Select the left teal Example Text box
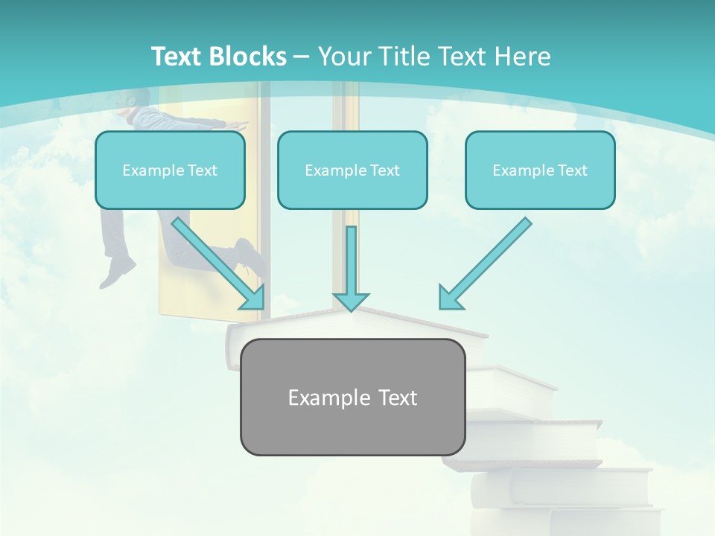[170, 170]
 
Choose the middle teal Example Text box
[352, 170]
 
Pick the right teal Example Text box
[540, 170]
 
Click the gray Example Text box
[352, 397]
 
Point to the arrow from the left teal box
[216, 261]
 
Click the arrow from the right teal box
[488, 261]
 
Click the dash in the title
[302, 57]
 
